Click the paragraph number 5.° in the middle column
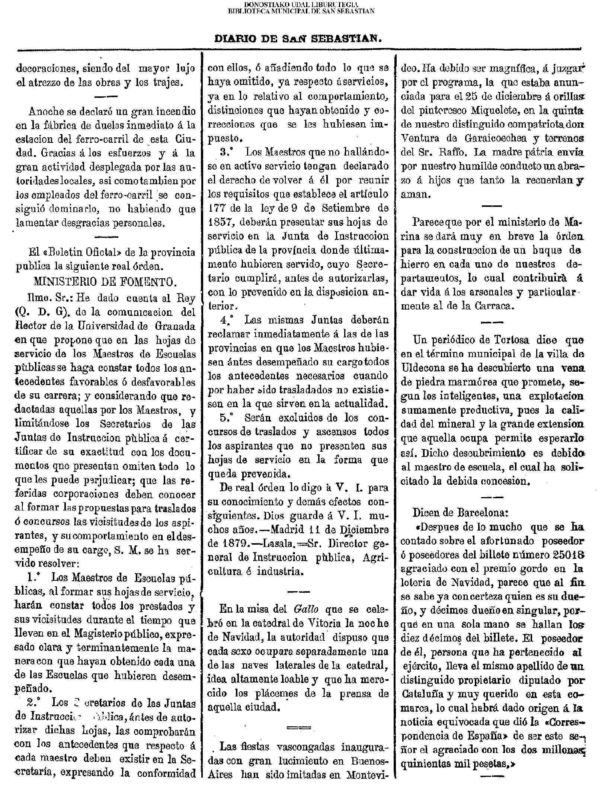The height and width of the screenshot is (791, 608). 228,418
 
